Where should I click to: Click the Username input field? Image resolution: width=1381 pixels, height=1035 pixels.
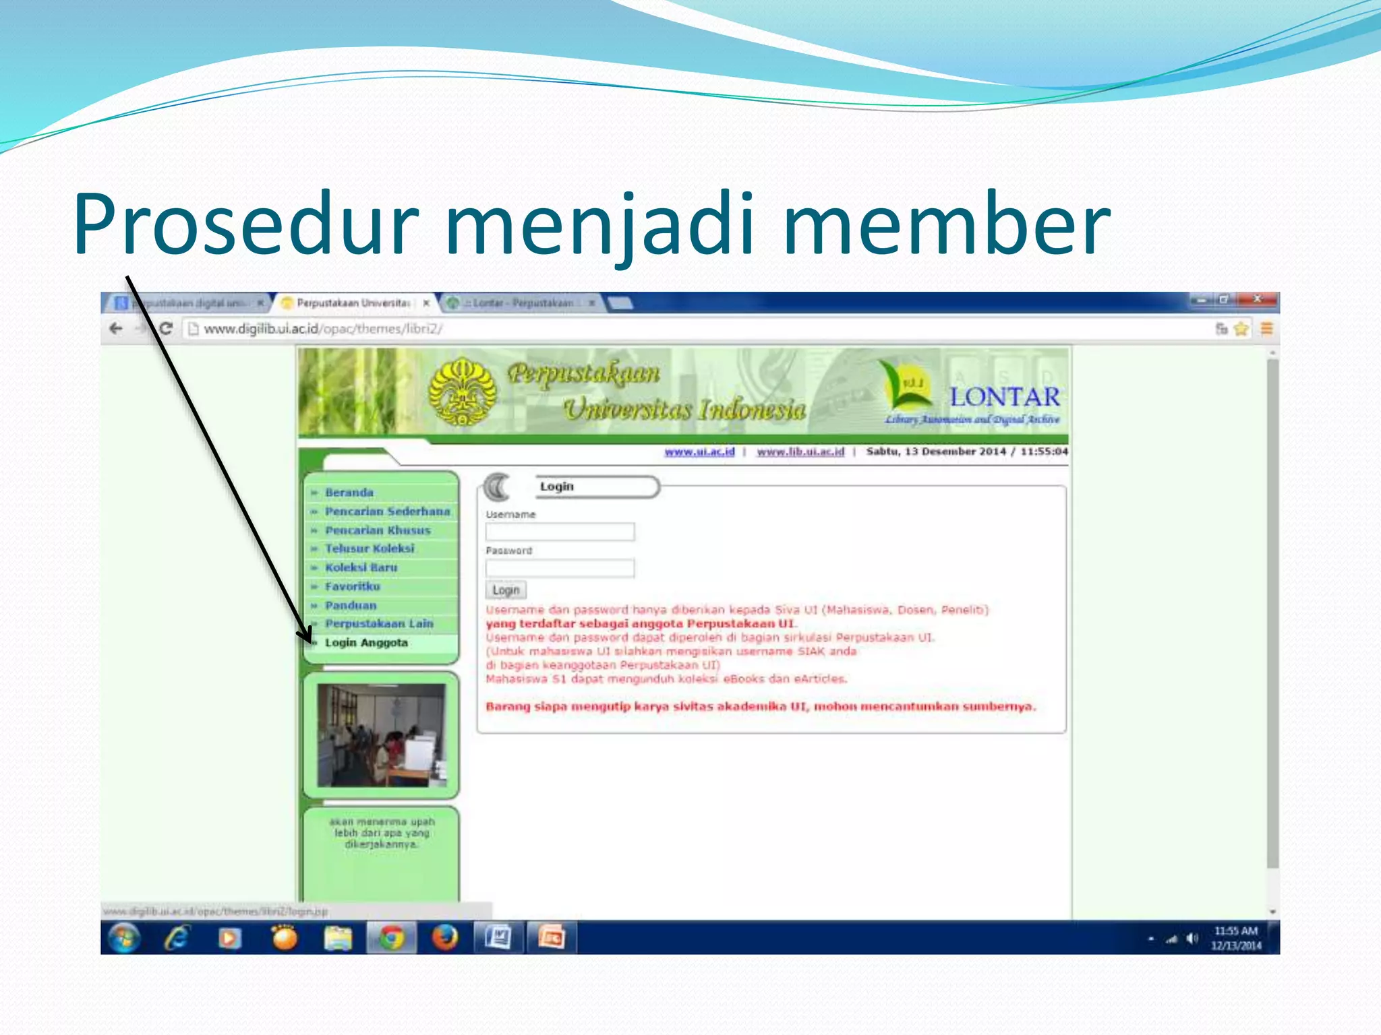coord(560,532)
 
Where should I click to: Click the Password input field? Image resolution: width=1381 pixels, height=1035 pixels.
coord(560,568)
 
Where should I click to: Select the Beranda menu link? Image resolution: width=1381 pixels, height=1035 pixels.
coord(349,493)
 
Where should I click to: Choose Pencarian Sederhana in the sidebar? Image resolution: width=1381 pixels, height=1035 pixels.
coord(387,511)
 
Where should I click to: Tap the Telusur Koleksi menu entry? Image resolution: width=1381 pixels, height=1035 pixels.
coord(370,548)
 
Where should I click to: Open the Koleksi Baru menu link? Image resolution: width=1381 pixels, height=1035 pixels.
coord(361,567)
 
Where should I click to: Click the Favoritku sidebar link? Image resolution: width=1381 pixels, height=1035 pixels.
coord(352,586)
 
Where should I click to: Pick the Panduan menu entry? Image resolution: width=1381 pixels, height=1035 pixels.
coord(351,605)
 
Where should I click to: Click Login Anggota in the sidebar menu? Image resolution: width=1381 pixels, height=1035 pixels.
coord(366,643)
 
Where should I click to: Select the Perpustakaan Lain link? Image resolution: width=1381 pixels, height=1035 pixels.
coord(379,624)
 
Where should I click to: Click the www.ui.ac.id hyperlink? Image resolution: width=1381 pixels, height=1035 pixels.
coord(699,451)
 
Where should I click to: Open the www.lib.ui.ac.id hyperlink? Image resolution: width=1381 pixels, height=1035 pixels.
coord(800,451)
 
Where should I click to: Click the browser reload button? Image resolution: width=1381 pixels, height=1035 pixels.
coord(166,329)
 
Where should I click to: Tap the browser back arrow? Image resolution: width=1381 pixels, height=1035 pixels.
coord(116,329)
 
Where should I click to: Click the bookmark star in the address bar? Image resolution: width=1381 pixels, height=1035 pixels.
coord(1241,329)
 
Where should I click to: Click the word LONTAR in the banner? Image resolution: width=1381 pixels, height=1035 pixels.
coord(1005,397)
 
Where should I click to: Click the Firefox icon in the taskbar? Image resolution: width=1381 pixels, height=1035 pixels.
coord(444,937)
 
